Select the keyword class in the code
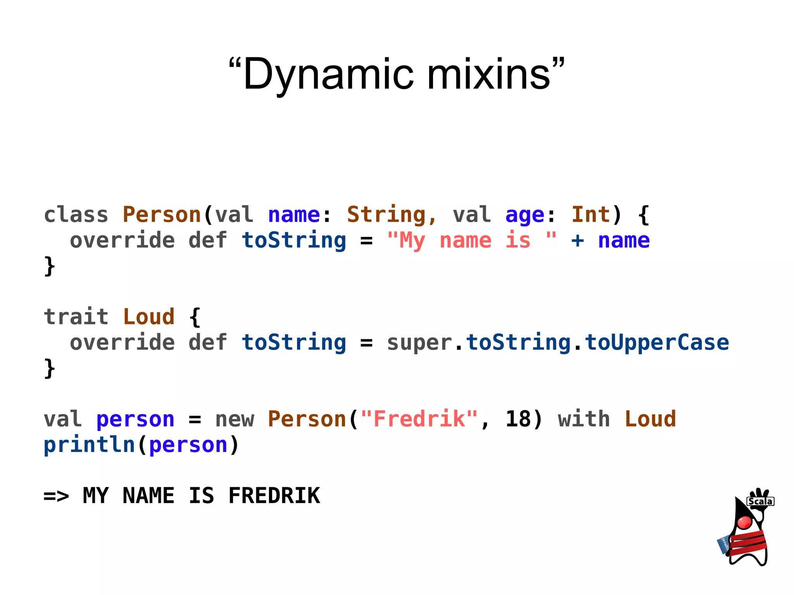76,215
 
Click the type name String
386,215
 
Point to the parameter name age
525,215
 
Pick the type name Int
590,215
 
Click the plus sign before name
577,240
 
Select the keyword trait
76,317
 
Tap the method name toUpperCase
657,343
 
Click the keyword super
419,343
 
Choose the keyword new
235,419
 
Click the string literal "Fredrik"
419,419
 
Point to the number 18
518,419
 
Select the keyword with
584,419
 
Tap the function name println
89,445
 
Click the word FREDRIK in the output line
274,496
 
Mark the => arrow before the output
56,496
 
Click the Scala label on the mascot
760,502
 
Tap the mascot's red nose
744,523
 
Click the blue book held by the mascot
723,545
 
